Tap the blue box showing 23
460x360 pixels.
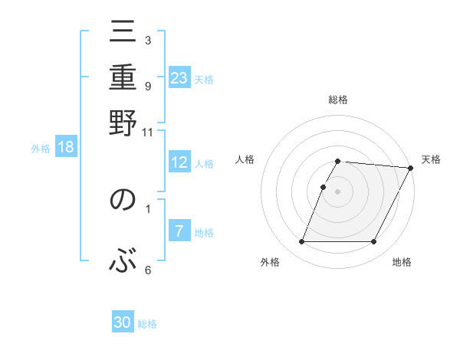point(179,78)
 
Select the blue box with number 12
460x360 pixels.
point(179,162)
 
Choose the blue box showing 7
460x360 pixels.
point(179,231)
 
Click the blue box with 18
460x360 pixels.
point(66,147)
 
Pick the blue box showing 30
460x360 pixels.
point(123,322)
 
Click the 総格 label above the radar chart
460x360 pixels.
point(337,100)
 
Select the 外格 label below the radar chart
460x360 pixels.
point(270,263)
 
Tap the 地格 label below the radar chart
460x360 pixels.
point(402,263)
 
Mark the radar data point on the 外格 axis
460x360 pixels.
point(301,242)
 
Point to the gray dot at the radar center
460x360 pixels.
point(337,191)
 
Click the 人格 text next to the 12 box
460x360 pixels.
point(205,164)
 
